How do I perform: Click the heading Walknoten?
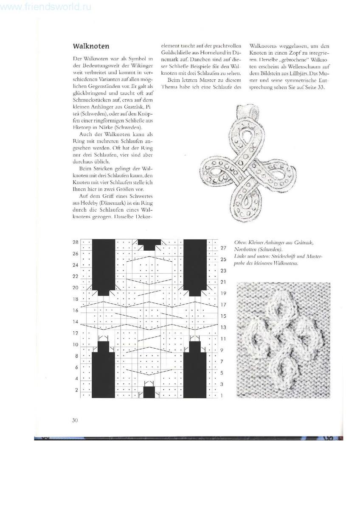click(91, 45)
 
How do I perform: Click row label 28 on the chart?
click(76, 242)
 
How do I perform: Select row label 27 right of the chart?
click(224, 248)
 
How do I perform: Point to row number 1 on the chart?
click(223, 395)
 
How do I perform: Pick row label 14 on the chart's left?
click(76, 322)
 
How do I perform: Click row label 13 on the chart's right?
click(224, 327)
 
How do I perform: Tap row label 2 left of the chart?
click(76, 390)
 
